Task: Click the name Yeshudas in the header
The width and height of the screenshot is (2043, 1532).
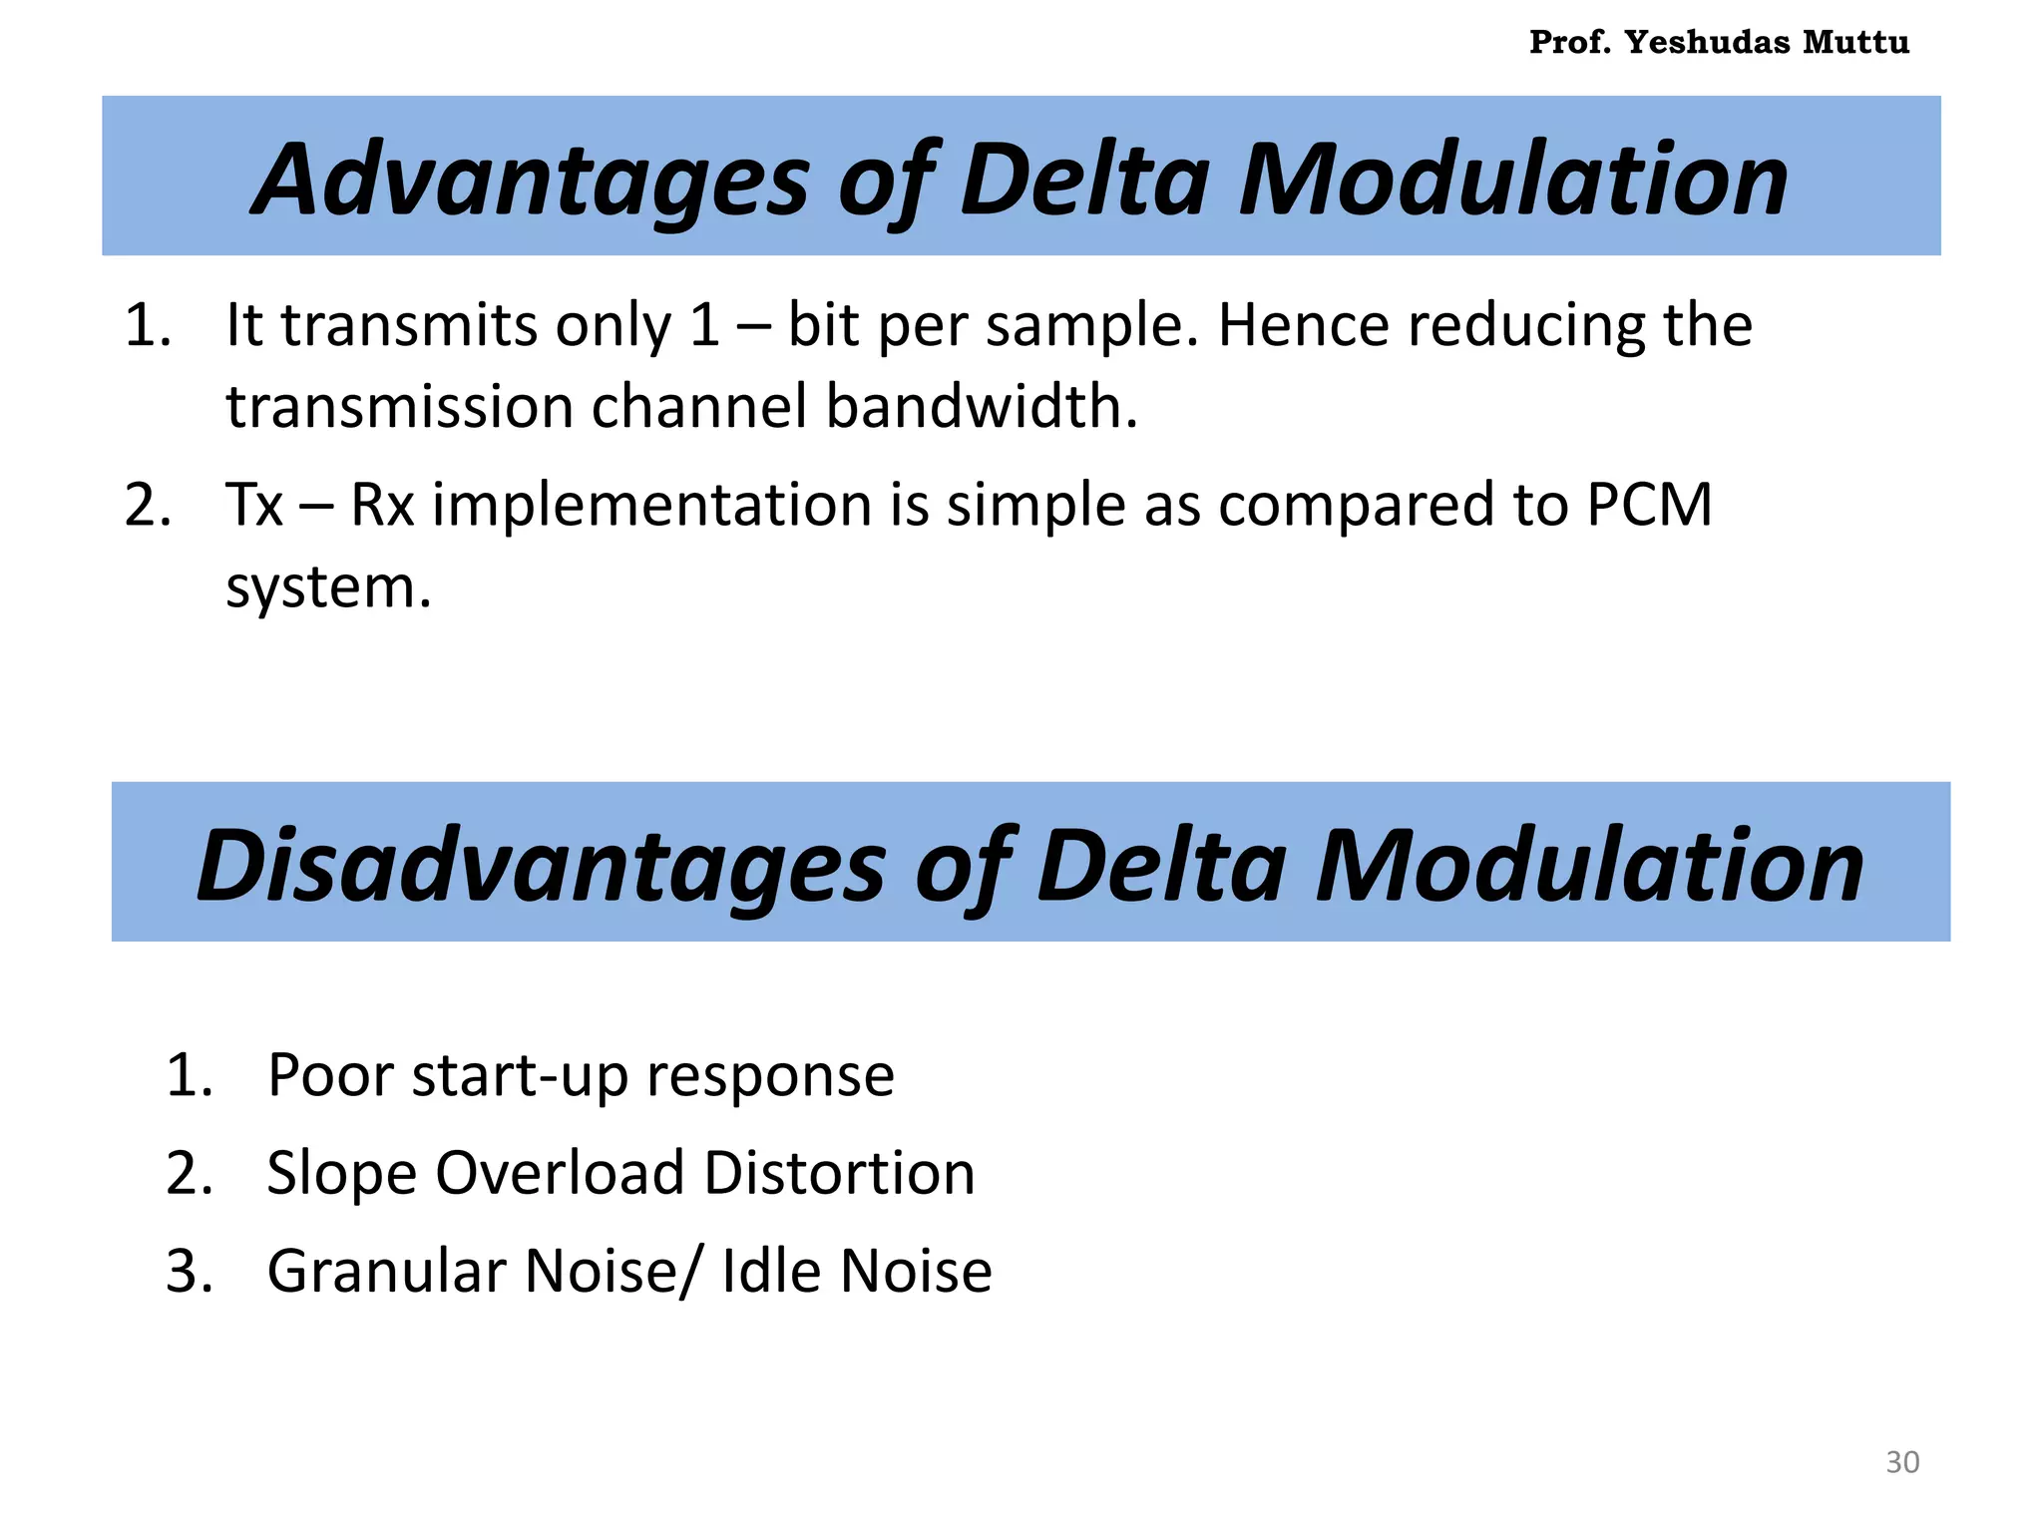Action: (1707, 42)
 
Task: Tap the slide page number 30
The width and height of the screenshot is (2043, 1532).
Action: (1902, 1462)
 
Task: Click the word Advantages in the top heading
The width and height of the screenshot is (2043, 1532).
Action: (530, 180)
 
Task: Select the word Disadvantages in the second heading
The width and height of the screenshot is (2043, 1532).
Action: (541, 865)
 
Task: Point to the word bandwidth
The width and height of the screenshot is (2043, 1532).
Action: (982, 407)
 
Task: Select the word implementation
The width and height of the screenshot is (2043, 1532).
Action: (652, 504)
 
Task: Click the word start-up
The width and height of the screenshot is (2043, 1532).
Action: (519, 1076)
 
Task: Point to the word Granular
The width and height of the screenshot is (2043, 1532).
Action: (386, 1271)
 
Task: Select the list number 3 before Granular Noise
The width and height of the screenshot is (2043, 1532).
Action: (190, 1271)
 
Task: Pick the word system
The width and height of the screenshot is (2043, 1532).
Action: (328, 586)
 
